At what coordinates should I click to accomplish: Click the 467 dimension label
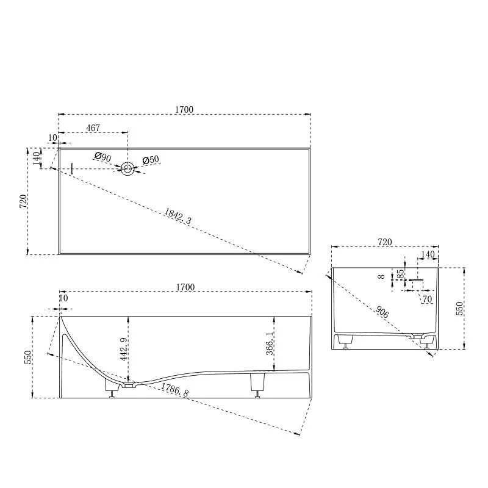pos(93,128)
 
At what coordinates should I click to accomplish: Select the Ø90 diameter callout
pos(103,157)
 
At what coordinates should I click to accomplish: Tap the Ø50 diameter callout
pos(151,160)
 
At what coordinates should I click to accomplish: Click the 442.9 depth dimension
pos(124,349)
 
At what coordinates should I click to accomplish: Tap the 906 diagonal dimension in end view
pos(383,313)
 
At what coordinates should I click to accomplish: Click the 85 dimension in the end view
pos(401,276)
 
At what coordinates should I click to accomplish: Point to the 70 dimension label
pos(426,299)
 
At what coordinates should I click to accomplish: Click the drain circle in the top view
pos(127,169)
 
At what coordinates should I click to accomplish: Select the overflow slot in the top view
pos(72,169)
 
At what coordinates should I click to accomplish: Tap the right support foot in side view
pos(257,384)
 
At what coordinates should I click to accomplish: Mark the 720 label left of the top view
pos(23,201)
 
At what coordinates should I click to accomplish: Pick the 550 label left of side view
pos(27,357)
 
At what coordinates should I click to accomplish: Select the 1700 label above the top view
pos(184,110)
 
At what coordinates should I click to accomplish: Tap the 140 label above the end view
pos(428,254)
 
